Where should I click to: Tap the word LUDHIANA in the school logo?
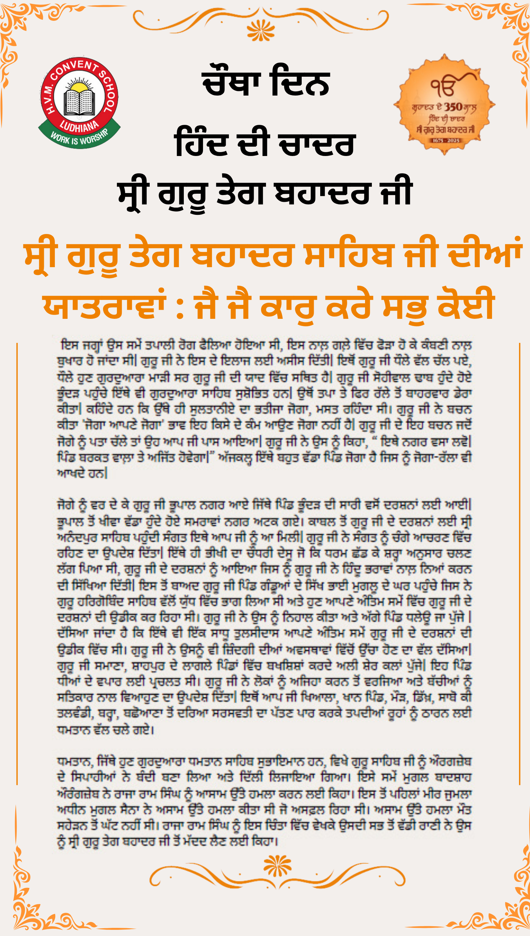pos(79,126)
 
